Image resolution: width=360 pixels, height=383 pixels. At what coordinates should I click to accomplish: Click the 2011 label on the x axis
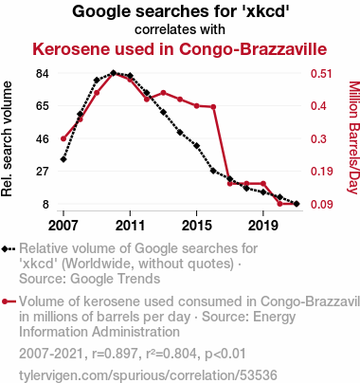click(x=130, y=226)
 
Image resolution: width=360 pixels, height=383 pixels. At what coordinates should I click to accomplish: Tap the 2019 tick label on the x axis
click(x=263, y=226)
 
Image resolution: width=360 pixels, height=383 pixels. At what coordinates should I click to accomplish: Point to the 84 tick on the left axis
click(x=43, y=74)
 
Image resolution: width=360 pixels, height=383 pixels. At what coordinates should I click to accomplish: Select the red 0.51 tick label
click(x=321, y=74)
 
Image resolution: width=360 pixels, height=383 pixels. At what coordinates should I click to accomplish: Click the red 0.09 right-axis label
click(x=322, y=205)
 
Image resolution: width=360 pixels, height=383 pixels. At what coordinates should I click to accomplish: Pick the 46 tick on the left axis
click(x=43, y=139)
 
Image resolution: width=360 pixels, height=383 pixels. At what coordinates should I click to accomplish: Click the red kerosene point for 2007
click(x=63, y=138)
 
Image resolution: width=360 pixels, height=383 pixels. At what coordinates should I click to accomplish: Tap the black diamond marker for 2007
click(x=63, y=159)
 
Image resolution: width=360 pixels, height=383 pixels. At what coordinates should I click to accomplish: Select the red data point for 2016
click(x=213, y=107)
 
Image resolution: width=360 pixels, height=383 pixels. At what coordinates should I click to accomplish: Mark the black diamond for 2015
click(x=197, y=146)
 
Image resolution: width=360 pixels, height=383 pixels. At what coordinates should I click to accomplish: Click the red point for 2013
click(x=163, y=93)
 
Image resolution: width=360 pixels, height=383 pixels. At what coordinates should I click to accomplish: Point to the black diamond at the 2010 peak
click(x=114, y=73)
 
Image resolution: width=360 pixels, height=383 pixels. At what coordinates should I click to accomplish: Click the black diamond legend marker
click(x=9, y=249)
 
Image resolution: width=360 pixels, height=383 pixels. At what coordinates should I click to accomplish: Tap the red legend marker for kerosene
click(x=9, y=301)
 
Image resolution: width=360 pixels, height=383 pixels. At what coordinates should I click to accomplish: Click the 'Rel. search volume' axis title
click(x=7, y=139)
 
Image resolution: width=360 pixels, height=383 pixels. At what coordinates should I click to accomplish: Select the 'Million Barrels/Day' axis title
click(x=354, y=137)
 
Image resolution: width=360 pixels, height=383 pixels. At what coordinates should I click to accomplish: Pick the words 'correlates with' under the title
click(x=180, y=29)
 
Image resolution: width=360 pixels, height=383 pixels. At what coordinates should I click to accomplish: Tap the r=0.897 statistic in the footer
click(x=115, y=354)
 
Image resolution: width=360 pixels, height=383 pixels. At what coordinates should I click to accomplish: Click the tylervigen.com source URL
click(x=148, y=375)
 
